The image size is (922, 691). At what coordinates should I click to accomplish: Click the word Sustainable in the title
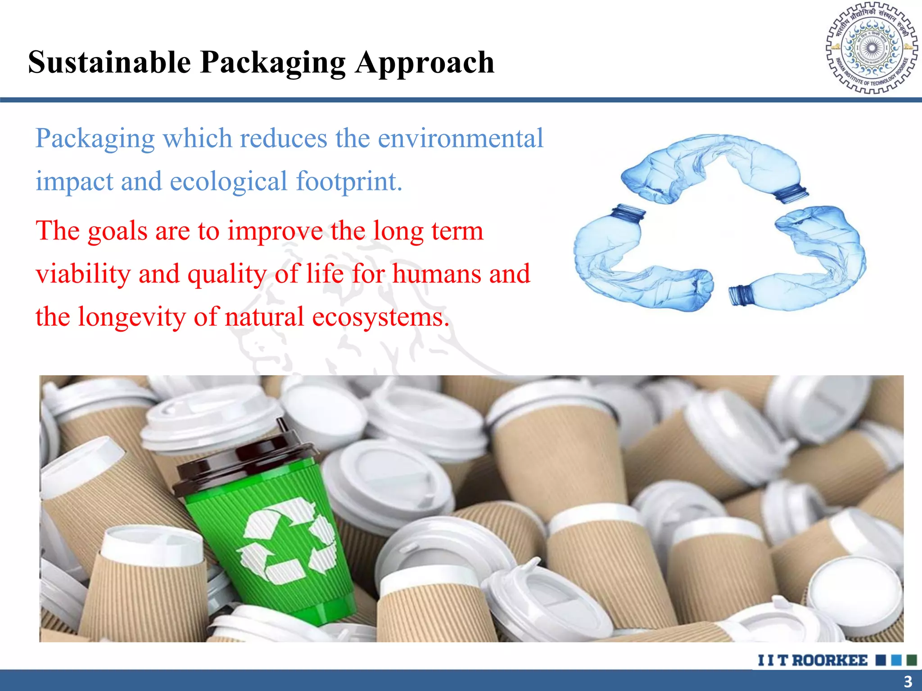click(109, 62)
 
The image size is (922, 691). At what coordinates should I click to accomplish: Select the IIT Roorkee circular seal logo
click(872, 48)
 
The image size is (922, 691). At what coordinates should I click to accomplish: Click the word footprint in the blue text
click(348, 181)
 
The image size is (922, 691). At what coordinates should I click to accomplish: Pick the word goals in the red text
click(118, 231)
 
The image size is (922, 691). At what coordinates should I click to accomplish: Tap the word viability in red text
click(83, 274)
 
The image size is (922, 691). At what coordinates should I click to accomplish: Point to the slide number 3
click(908, 681)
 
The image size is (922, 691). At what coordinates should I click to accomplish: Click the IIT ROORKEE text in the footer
click(813, 660)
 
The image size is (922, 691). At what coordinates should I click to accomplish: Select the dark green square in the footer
click(912, 660)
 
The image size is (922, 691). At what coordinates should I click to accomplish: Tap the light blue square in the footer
click(896, 660)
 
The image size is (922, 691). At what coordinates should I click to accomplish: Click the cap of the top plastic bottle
click(791, 193)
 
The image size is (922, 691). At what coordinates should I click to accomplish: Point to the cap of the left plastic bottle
click(628, 212)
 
